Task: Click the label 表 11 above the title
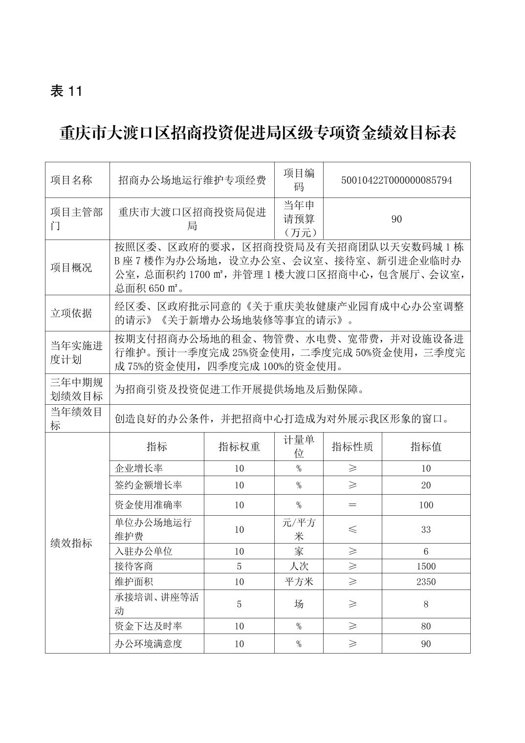[66, 91]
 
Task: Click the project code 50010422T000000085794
[396, 180]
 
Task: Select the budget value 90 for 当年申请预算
[396, 219]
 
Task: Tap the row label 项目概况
[71, 267]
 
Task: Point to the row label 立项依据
[71, 313]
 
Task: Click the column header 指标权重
[239, 446]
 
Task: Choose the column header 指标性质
[352, 446]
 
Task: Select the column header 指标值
[426, 446]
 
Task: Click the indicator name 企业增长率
[139, 468]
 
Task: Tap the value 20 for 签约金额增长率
[426, 485]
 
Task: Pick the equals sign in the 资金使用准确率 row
[352, 505]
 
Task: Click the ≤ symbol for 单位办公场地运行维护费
[352, 529]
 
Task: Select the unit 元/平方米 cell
[299, 529]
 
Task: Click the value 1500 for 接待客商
[426, 567]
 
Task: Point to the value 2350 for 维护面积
[426, 582]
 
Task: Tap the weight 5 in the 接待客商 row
[239, 567]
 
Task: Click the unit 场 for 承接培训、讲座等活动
[299, 604]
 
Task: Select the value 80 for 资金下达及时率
[426, 626]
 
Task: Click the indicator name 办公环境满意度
[149, 644]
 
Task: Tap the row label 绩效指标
[71, 543]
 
